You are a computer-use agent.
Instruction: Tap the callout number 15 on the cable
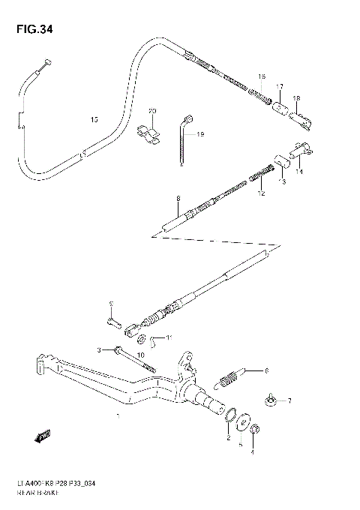pyautogui.click(x=93, y=119)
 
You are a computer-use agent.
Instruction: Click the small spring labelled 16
pyautogui.click(x=259, y=96)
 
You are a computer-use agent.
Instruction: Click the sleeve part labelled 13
pyautogui.click(x=283, y=161)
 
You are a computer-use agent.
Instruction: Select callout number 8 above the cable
pyautogui.click(x=178, y=199)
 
